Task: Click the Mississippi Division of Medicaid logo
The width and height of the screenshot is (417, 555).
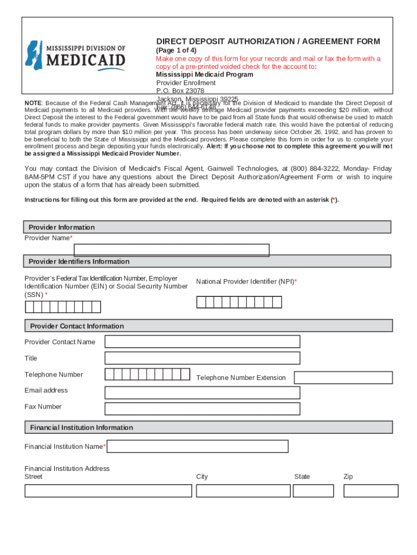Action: (x=76, y=56)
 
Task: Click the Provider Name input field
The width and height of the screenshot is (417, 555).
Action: (x=171, y=250)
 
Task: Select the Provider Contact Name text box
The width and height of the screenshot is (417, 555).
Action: (x=202, y=341)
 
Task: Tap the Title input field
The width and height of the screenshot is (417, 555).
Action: (x=202, y=358)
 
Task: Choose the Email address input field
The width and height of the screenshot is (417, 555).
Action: (x=202, y=392)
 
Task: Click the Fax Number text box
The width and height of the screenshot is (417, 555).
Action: (x=202, y=408)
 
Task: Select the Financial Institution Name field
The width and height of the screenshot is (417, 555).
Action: (x=198, y=447)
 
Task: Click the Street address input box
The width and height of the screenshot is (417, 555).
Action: (x=108, y=491)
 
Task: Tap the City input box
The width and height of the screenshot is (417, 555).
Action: (x=243, y=491)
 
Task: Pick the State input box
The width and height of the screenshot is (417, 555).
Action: (x=313, y=491)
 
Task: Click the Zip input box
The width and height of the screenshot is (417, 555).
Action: (x=371, y=491)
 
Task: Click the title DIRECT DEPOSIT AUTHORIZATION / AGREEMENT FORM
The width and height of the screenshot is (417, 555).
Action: (x=268, y=42)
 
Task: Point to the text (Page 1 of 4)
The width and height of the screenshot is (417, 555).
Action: (x=176, y=50)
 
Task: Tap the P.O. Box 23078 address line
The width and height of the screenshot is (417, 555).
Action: (x=180, y=91)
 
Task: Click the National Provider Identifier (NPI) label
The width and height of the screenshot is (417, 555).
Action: (x=246, y=282)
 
